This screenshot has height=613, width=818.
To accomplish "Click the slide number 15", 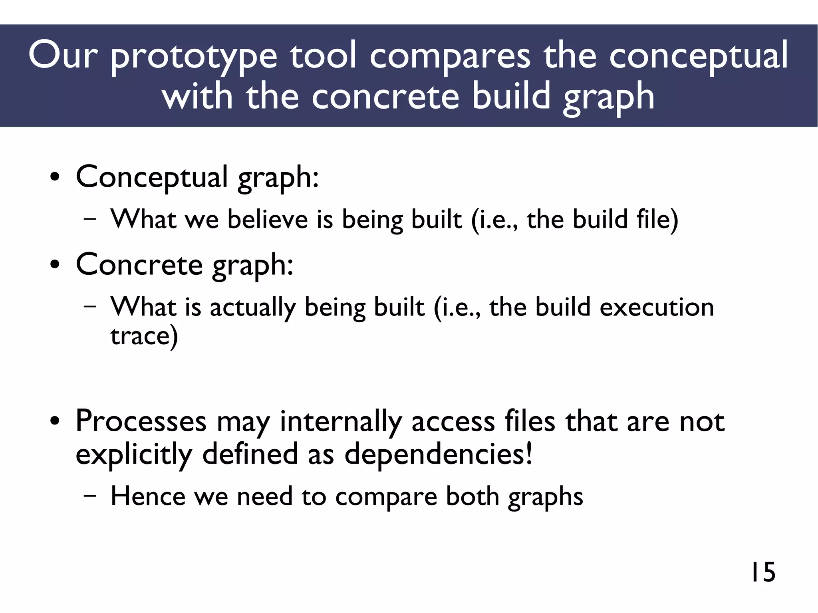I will coord(763,572).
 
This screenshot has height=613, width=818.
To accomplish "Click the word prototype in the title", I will coord(193,57).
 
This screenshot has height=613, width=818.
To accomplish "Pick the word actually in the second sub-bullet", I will coord(252,307).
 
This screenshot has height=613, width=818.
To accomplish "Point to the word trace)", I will coord(144,336).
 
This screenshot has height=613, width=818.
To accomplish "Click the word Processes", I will coord(141,422).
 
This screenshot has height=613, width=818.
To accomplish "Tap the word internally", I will coord(340,422).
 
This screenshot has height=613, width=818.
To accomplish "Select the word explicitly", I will coord(134,454).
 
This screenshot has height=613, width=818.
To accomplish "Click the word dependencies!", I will coord(438,454).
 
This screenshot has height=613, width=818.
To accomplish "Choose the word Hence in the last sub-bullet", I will coord(148,496).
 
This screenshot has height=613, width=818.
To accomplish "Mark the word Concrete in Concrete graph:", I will coord(139,265).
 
